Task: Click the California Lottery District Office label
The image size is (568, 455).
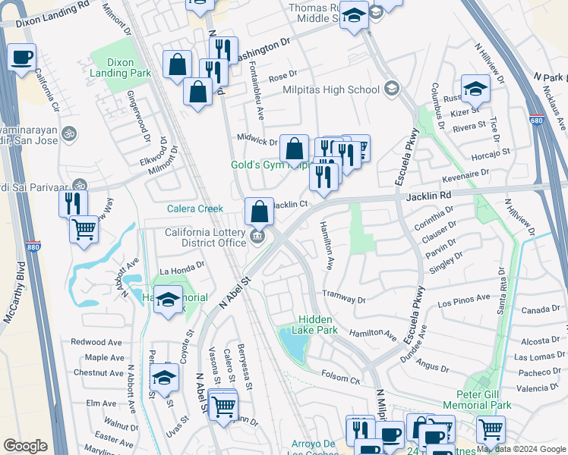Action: pyautogui.click(x=207, y=238)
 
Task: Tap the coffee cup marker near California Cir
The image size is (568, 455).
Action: pyautogui.click(x=22, y=57)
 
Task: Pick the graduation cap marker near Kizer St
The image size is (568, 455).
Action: pyautogui.click(x=475, y=89)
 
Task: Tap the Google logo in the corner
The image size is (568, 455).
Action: pyautogui.click(x=25, y=446)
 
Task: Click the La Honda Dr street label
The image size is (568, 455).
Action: pyautogui.click(x=182, y=266)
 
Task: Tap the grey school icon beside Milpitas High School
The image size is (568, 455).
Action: pyautogui.click(x=392, y=89)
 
